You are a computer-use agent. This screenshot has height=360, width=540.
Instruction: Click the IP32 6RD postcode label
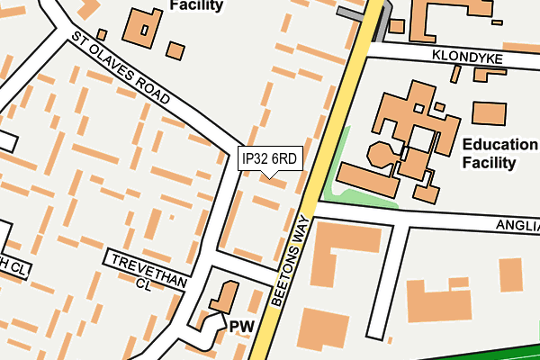coord(269,158)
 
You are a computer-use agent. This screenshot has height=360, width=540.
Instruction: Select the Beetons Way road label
coord(291,261)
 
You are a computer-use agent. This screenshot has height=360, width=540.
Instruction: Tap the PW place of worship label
coord(240,326)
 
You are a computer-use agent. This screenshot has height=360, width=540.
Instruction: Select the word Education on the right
coord(499,145)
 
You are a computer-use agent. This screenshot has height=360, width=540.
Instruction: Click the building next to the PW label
coord(221,298)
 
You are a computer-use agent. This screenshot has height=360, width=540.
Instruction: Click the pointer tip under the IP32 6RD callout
coord(269,176)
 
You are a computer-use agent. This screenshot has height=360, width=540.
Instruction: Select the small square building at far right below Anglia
coord(510,274)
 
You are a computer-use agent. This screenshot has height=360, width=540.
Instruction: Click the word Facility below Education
coord(489,163)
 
